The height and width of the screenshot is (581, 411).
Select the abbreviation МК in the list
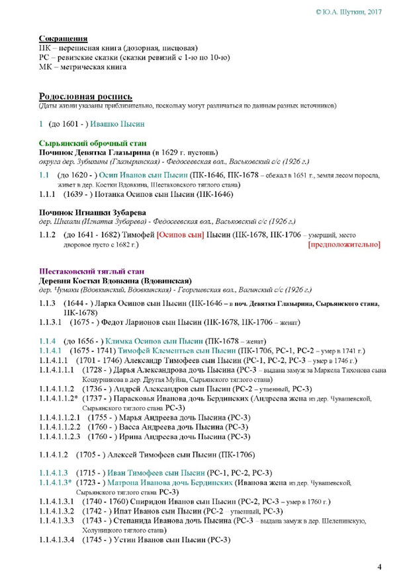point(46,67)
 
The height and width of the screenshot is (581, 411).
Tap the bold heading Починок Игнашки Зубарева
point(93,212)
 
